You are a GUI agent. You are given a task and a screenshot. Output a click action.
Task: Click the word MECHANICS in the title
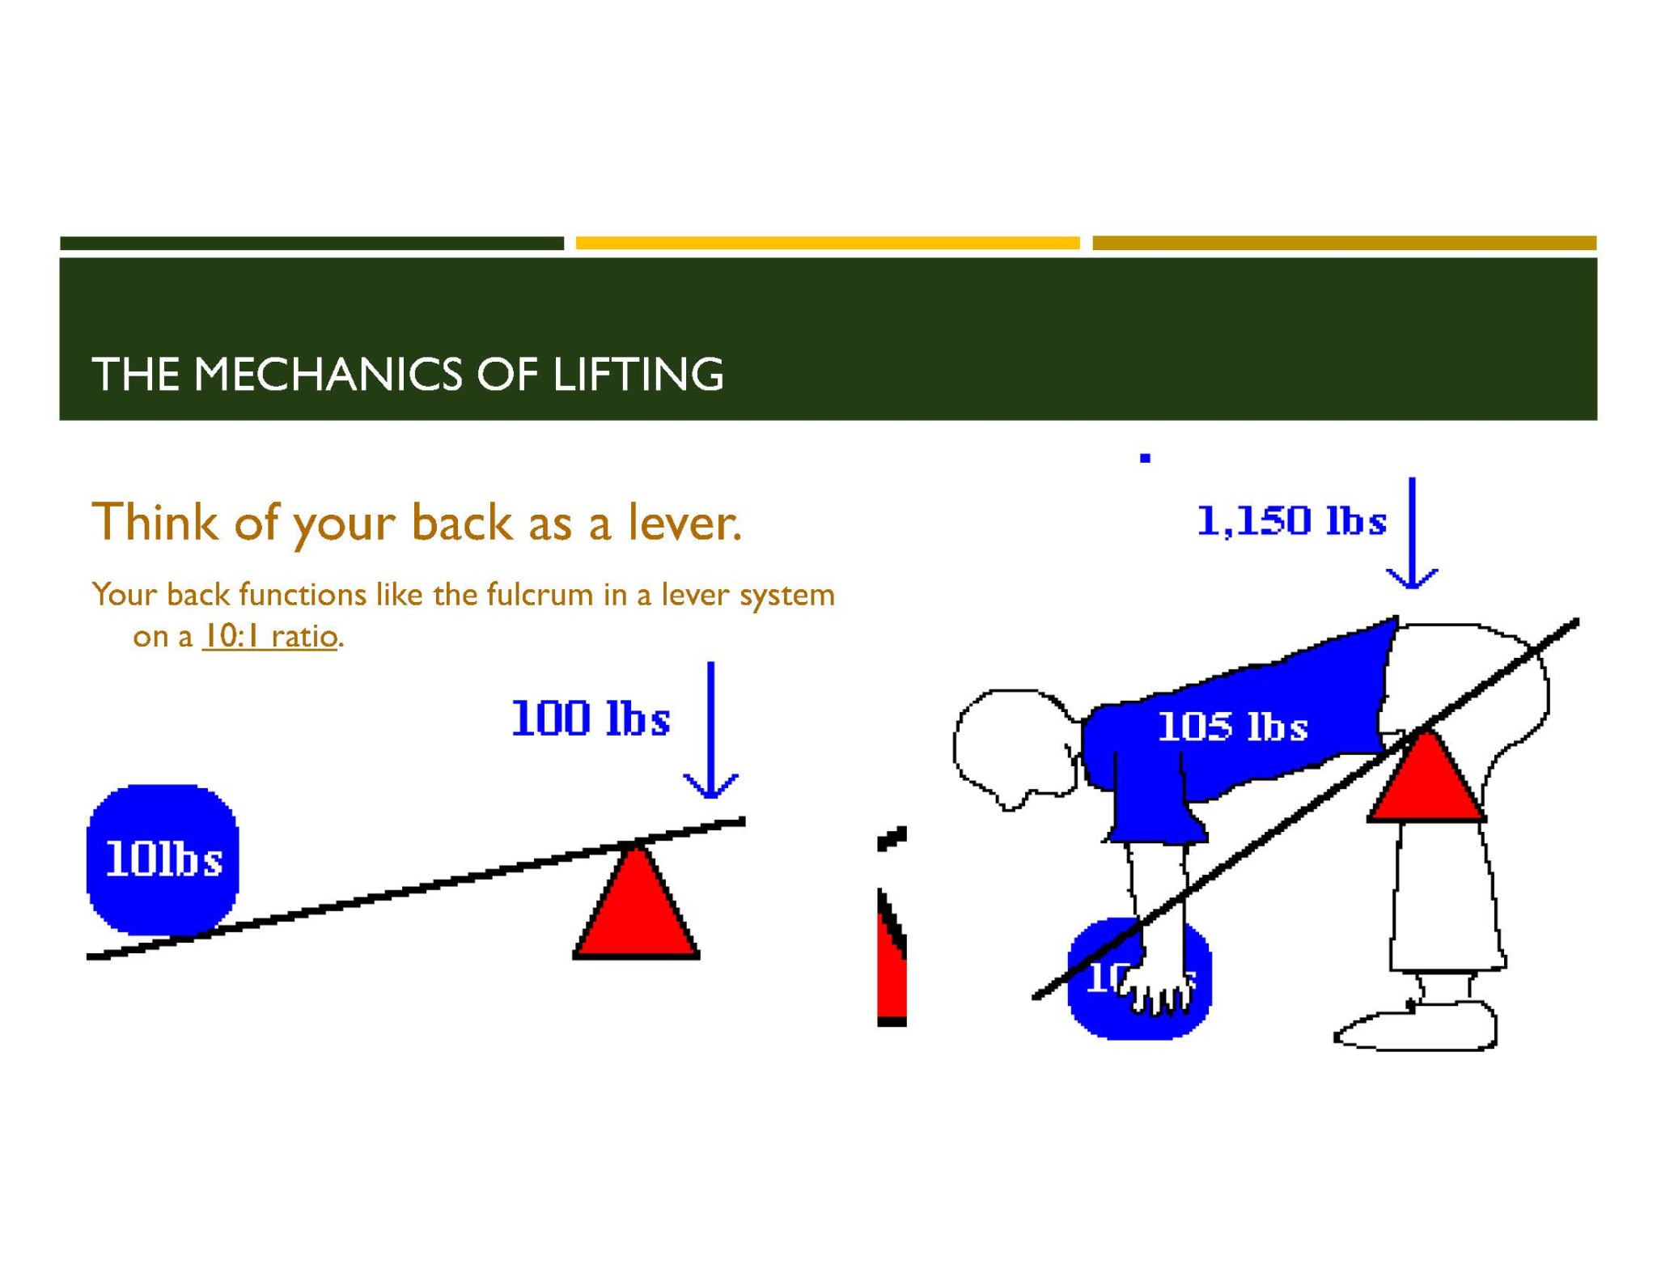(328, 375)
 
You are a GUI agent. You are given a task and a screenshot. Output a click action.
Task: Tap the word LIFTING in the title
(638, 375)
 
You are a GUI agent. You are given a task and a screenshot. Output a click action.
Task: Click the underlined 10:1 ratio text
(269, 636)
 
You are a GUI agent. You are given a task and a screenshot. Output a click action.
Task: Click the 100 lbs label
(591, 719)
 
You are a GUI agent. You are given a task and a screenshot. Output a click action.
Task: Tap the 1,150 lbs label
(1291, 520)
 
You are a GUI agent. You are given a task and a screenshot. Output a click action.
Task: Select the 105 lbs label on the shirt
(1232, 727)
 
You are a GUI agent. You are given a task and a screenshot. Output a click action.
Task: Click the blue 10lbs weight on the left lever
(163, 859)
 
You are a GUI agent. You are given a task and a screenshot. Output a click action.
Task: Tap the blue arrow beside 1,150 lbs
(1412, 534)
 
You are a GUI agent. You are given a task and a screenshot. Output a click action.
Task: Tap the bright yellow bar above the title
(827, 243)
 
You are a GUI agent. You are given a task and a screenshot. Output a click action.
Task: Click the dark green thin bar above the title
(311, 243)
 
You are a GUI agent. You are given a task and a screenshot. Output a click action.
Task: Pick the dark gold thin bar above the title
(1344, 243)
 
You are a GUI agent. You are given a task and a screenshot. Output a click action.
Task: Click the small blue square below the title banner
(1145, 458)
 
